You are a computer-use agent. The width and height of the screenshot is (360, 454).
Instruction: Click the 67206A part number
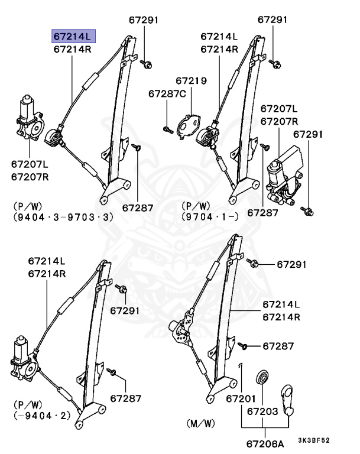pos(264,442)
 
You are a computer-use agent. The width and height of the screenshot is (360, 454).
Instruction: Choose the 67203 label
pos(262,410)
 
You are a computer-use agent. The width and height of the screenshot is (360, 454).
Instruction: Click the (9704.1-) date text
pos(210,217)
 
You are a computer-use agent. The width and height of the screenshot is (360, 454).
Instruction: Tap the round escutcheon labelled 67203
pos(261,377)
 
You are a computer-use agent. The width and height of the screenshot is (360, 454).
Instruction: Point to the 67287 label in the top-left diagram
pos(138,208)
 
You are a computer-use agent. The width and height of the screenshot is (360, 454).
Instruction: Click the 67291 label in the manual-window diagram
pos(291,264)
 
